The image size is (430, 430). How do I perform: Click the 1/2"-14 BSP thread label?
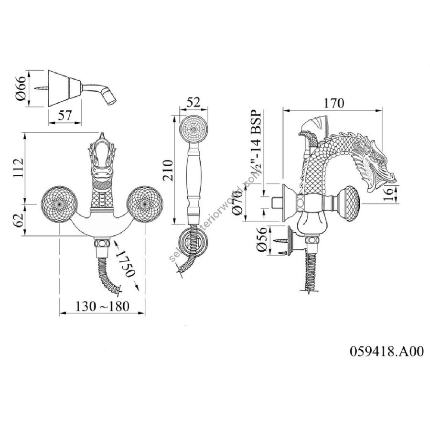tap(254, 143)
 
